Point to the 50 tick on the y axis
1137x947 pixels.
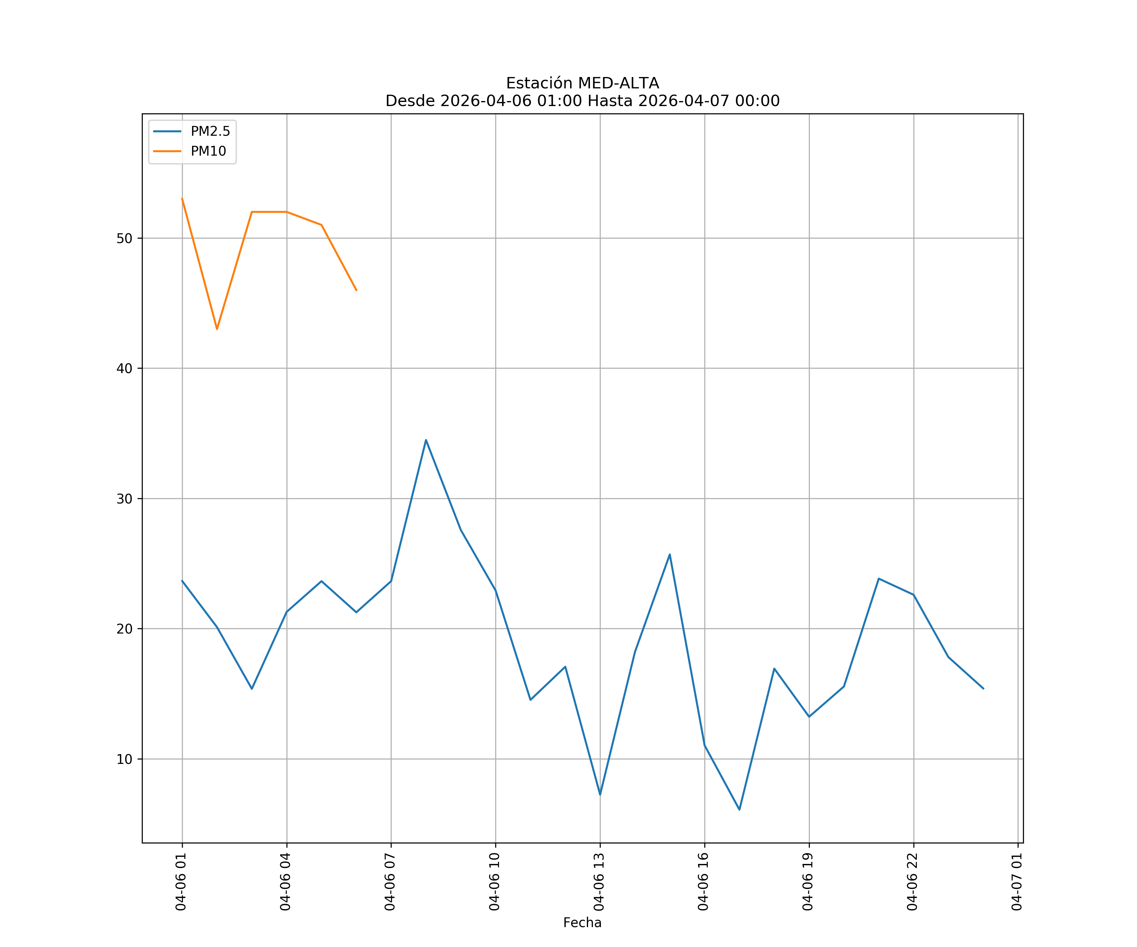pyautogui.click(x=124, y=239)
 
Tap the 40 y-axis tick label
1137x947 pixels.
pyautogui.click(x=124, y=368)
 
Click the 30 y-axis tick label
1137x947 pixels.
pyautogui.click(x=124, y=499)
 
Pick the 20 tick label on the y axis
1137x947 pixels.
pyautogui.click(x=124, y=629)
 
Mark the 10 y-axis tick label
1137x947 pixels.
pyautogui.click(x=124, y=759)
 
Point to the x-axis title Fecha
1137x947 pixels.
pyautogui.click(x=582, y=923)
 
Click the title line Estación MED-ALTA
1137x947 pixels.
pyautogui.click(x=582, y=83)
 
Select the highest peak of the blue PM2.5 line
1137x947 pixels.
pyautogui.click(x=426, y=440)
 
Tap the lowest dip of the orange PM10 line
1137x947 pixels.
pyautogui.click(x=217, y=329)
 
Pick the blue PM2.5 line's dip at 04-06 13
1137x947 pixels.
pyautogui.click(x=600, y=795)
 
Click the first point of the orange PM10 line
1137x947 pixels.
pyautogui.click(x=182, y=199)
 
